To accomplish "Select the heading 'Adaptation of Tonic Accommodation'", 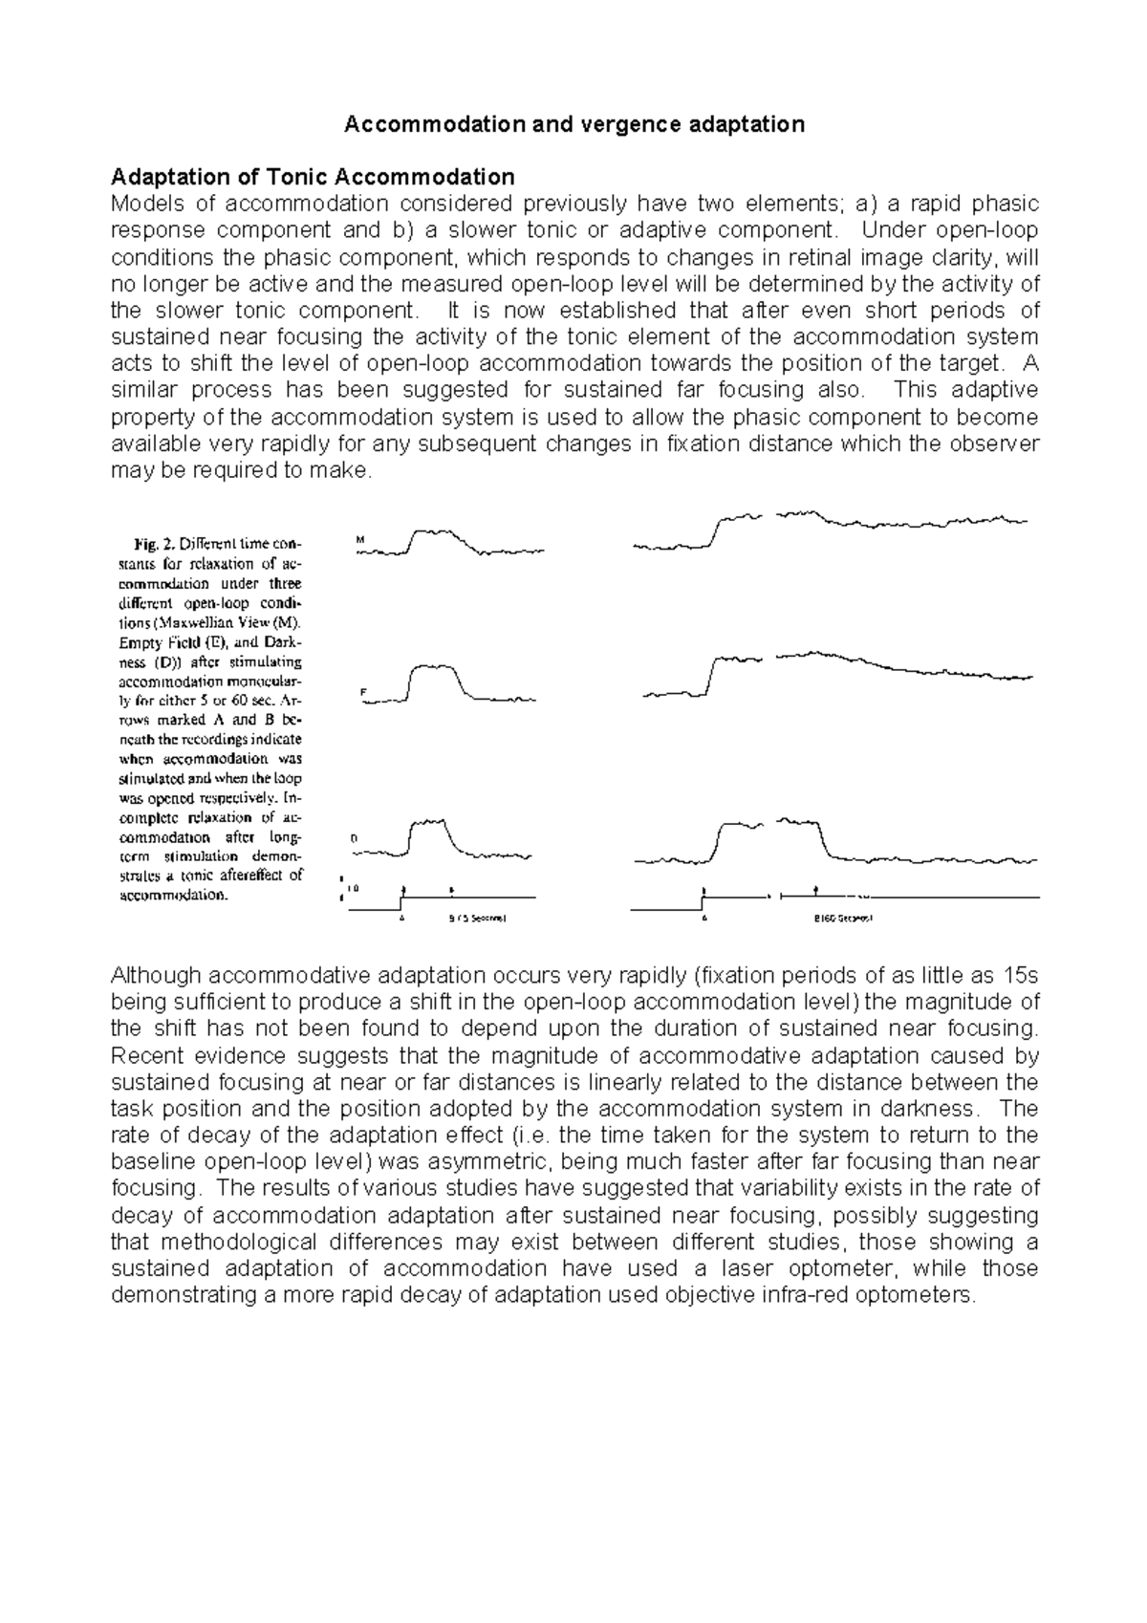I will pyautogui.click(x=313, y=177).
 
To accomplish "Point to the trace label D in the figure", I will pyautogui.click(x=354, y=837).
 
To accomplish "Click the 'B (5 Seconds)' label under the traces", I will pyautogui.click(x=477, y=919).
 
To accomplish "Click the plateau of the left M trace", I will pyautogui.click(x=435, y=531).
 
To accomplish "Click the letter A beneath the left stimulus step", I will pyautogui.click(x=402, y=919).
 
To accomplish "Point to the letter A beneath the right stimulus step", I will pyautogui.click(x=703, y=919).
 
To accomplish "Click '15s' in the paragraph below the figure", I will pyautogui.click(x=1017, y=976).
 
